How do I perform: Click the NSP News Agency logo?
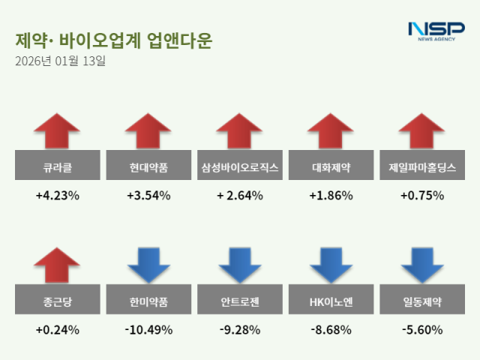click(x=436, y=31)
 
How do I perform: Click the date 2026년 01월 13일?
click(x=60, y=61)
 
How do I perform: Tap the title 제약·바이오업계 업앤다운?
click(x=112, y=40)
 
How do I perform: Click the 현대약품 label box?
click(x=148, y=166)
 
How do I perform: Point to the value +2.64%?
click(x=240, y=196)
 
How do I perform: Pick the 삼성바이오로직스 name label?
click(x=240, y=166)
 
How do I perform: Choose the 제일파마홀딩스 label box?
click(x=422, y=166)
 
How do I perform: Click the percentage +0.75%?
click(x=422, y=196)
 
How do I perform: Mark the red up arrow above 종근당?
click(x=57, y=265)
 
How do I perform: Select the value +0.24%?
click(x=57, y=329)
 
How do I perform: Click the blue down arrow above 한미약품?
click(x=148, y=265)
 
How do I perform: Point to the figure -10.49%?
click(x=148, y=329)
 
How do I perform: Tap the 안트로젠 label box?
click(x=240, y=302)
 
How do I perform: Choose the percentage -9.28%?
click(x=240, y=329)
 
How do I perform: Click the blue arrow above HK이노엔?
click(x=331, y=265)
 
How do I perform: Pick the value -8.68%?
click(x=331, y=329)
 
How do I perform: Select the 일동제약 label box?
click(x=422, y=302)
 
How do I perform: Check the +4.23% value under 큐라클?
click(x=57, y=196)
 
